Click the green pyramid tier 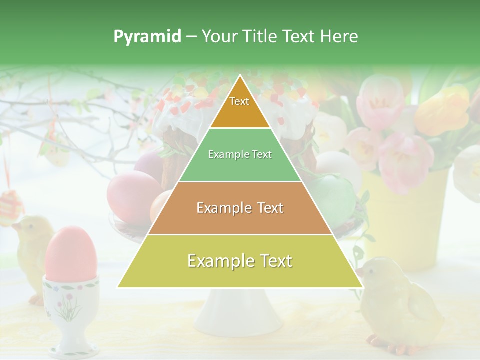240,155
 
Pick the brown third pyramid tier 240,208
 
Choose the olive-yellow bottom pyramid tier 240,261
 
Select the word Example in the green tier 228,155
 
